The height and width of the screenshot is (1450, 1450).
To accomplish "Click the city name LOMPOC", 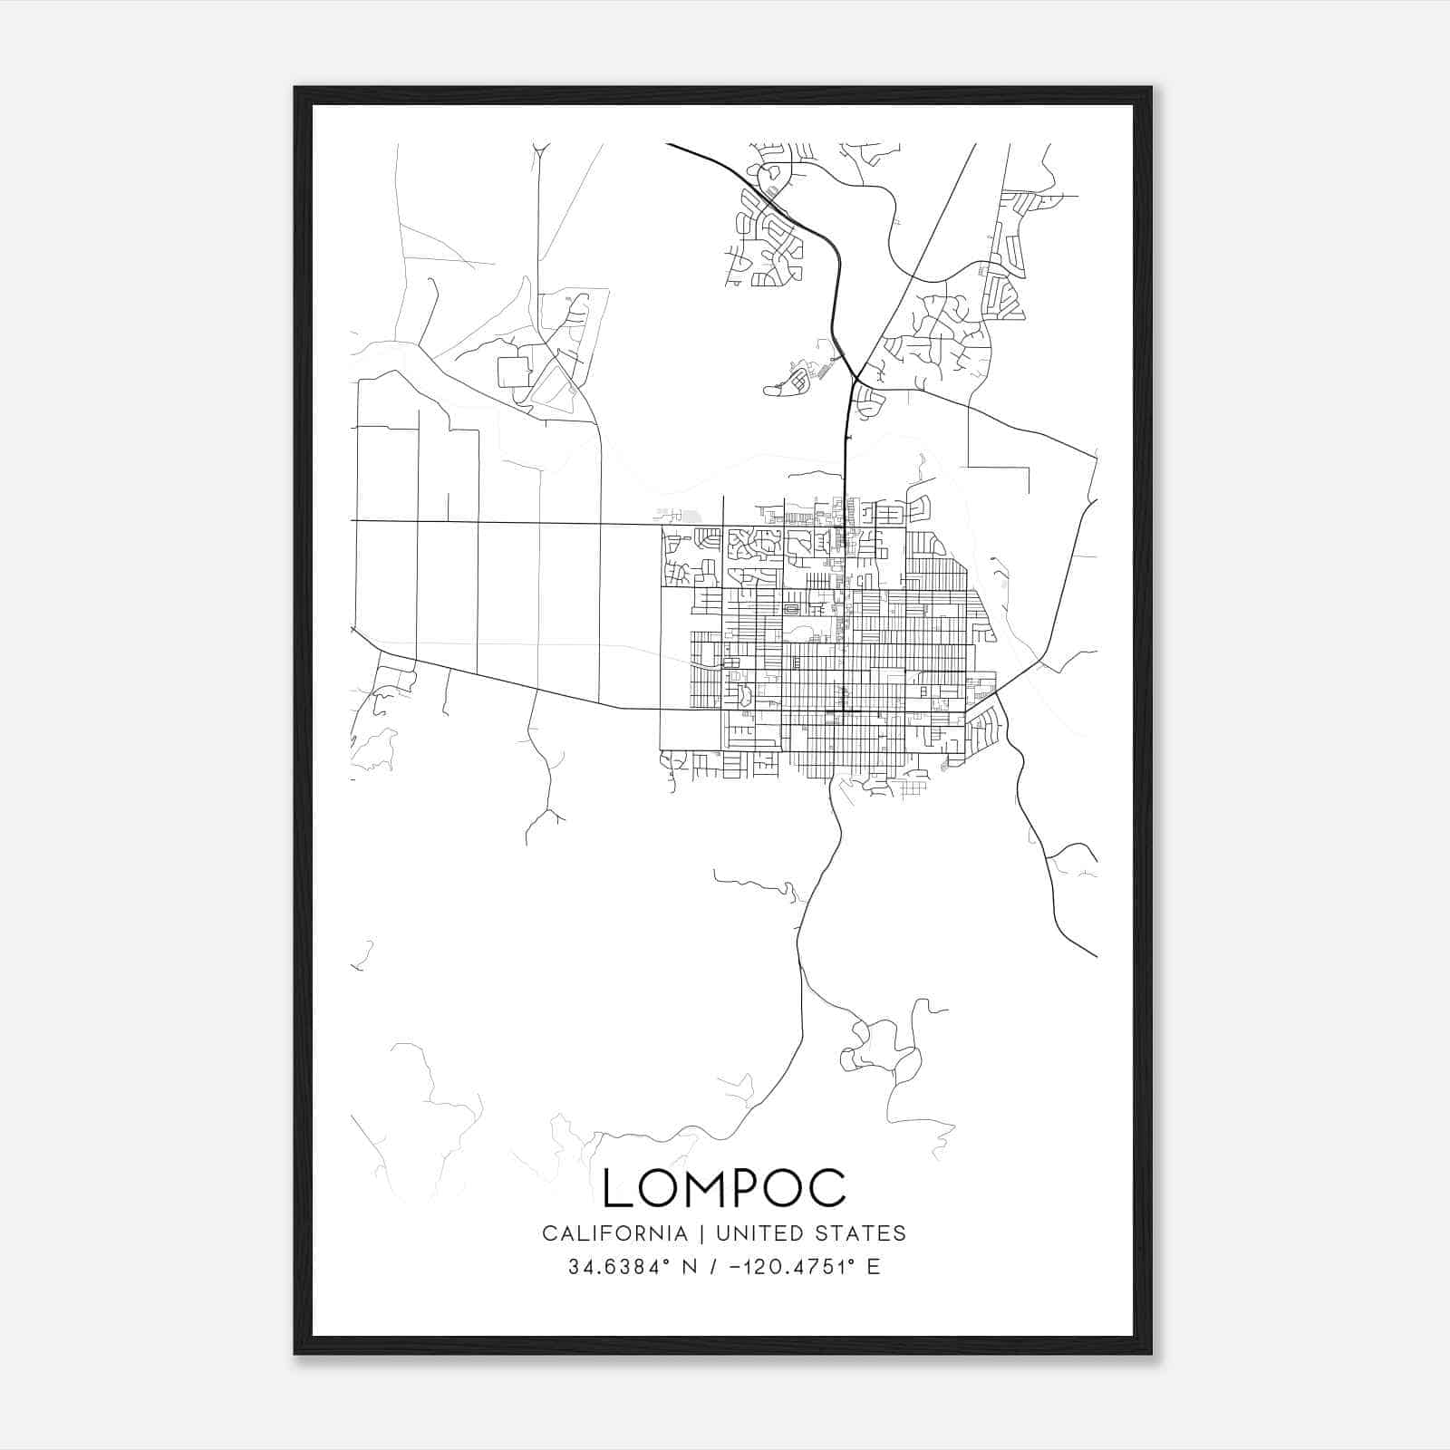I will [x=724, y=1188].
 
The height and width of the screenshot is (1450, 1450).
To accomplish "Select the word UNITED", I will [x=759, y=1233].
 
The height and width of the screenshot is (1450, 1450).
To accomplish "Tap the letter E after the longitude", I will [x=874, y=1267].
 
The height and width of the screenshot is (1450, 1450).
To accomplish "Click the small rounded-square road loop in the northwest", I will [x=514, y=372].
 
